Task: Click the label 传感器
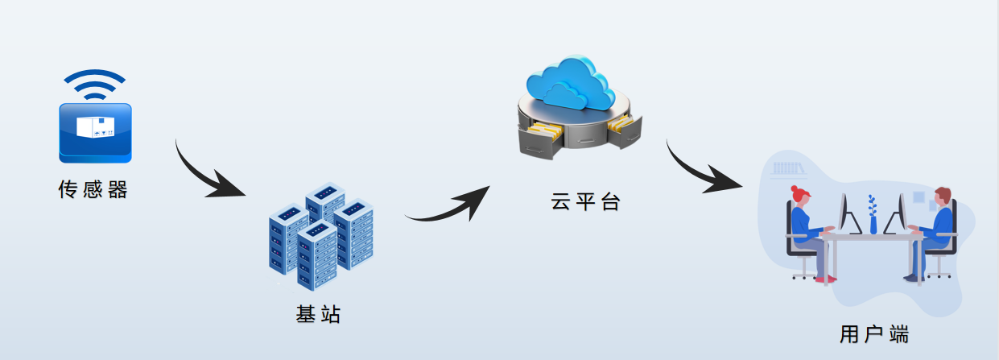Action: tap(93, 190)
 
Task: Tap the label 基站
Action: tap(319, 314)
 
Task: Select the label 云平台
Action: tap(585, 201)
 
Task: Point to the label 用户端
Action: tap(874, 333)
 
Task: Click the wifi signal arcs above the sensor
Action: tap(95, 84)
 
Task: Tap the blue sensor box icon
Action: tap(95, 132)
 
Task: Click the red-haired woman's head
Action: tap(799, 196)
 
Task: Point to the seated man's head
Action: tap(942, 198)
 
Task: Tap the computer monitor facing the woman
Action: tap(844, 213)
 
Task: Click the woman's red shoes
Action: tap(825, 279)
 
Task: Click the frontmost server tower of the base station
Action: tap(316, 256)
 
